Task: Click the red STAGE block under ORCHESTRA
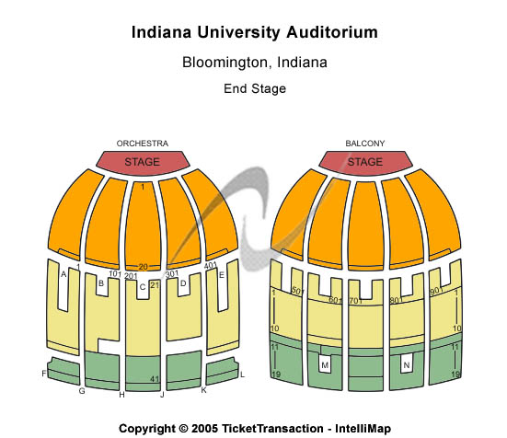coord(143,163)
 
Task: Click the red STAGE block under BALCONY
coord(365,163)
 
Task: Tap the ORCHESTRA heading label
coord(143,144)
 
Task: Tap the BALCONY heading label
coord(365,144)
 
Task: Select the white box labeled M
coord(325,365)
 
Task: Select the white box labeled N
coord(407,365)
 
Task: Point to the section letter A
coord(63,274)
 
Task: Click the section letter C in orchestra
coord(143,287)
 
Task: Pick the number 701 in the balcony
coord(356,301)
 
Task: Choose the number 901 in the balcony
coord(436,291)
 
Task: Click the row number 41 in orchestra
coord(155,379)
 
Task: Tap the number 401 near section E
coord(210,266)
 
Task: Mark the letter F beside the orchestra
coord(44,374)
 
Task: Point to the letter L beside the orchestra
coord(242,375)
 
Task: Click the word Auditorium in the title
coord(332,32)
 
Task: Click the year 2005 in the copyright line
coord(204,429)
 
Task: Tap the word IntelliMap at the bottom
coord(363,429)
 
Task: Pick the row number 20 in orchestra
coord(143,267)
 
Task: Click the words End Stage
coord(255,88)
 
